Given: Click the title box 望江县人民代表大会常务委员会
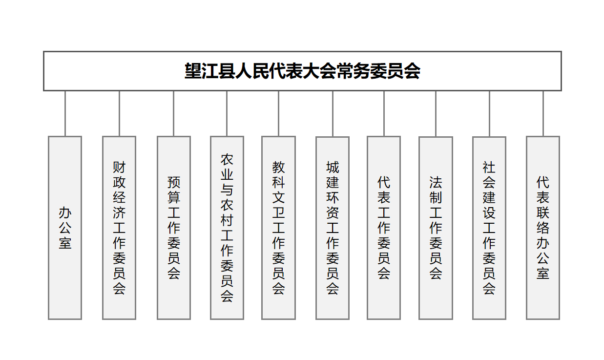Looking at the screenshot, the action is (302, 71).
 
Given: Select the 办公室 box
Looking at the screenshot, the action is (65, 228).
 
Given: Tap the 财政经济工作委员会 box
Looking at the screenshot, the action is (119, 228).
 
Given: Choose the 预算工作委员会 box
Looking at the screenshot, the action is (174, 228).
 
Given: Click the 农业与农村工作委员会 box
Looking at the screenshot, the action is (227, 228).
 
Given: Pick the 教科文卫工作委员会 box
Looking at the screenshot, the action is (278, 228).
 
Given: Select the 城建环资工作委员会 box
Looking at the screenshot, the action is (333, 228).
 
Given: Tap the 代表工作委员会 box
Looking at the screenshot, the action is (384, 228).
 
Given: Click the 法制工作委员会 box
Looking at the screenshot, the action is (436, 228).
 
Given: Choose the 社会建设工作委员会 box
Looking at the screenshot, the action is (489, 228).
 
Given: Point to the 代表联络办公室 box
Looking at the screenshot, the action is (543, 228).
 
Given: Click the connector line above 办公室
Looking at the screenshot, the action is (65, 113).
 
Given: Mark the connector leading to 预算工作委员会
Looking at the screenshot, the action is (174, 113).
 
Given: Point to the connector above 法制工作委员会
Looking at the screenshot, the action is (436, 114).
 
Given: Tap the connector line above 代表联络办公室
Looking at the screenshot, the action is (543, 113).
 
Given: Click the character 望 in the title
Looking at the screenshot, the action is (193, 71).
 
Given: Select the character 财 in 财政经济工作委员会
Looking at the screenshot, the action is (119, 168).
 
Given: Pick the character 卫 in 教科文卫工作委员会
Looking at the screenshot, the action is (278, 213).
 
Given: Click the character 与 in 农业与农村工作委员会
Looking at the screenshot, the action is (227, 190).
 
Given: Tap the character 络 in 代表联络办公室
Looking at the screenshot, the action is (543, 228).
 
